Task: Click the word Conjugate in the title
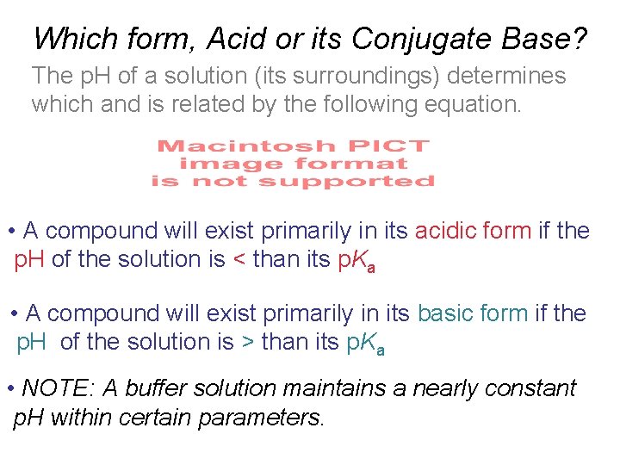tap(416, 38)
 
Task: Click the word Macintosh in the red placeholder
tap(230, 146)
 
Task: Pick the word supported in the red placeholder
tap(346, 181)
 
